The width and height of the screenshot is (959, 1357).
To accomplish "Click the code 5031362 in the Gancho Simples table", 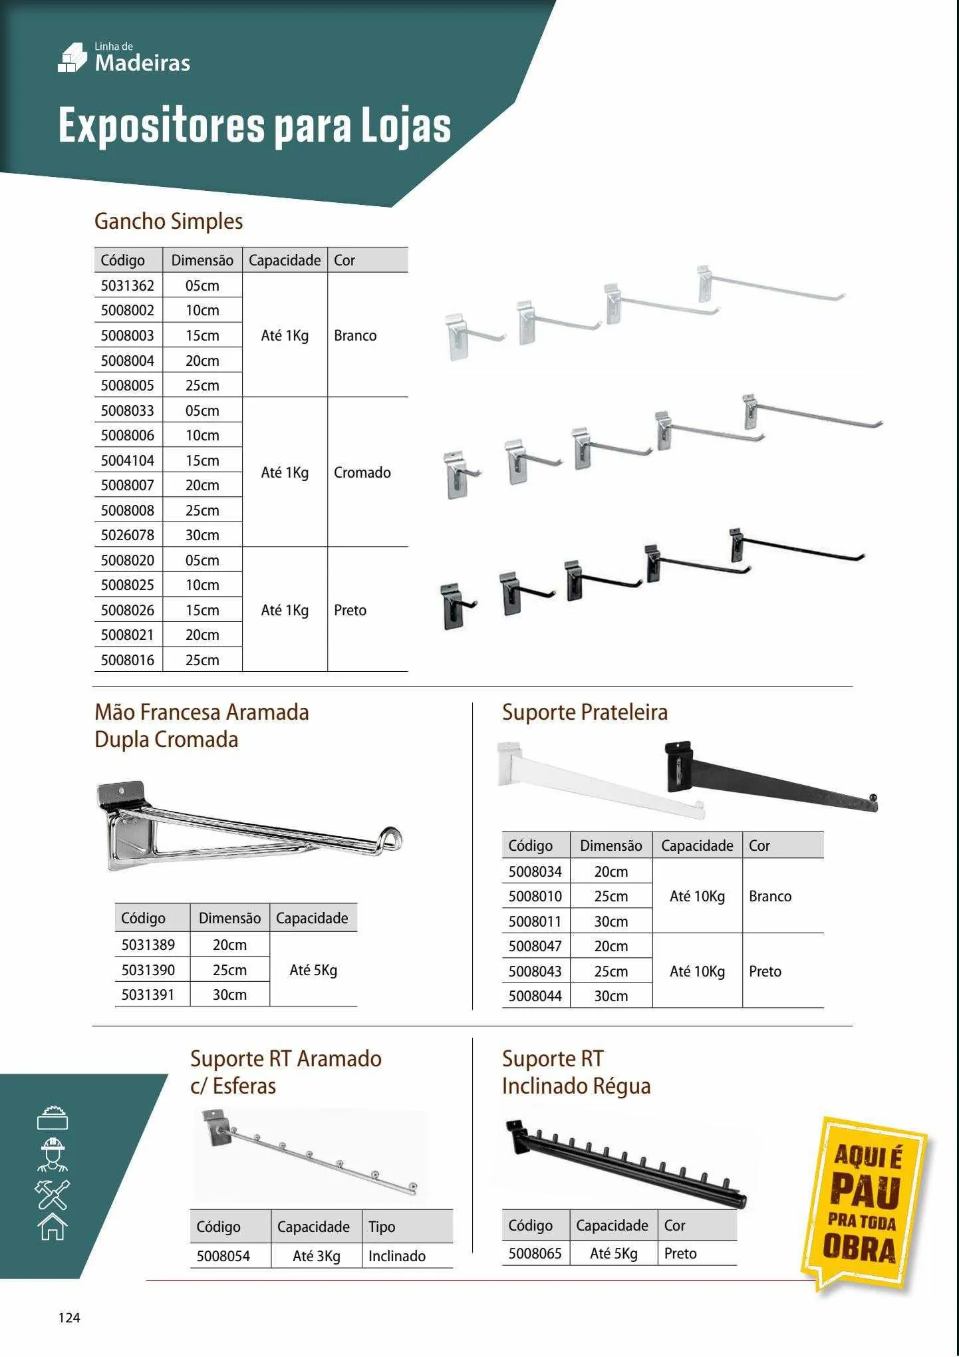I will point(127,286).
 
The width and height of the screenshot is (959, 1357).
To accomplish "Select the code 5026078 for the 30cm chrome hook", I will point(127,535).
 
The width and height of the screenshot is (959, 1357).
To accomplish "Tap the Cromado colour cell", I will point(362,473).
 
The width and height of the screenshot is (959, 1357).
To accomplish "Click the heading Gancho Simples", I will point(168,222).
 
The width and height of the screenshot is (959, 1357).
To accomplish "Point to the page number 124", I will point(69,1318).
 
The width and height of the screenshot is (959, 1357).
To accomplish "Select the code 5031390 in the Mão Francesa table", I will point(148,971).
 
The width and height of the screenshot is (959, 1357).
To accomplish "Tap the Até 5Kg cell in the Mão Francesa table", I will point(313,971).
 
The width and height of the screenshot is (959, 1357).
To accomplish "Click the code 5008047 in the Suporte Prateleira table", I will point(535,947).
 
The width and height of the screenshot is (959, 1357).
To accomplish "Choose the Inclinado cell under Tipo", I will point(397,1257).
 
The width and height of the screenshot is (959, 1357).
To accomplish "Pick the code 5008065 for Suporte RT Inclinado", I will point(535,1254).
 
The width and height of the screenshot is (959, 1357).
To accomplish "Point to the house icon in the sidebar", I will point(53,1226).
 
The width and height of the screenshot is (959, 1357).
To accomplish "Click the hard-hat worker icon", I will point(53,1155).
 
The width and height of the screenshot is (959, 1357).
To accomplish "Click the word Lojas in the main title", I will point(406,126).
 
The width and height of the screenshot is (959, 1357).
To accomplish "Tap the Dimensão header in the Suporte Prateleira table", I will point(611,846).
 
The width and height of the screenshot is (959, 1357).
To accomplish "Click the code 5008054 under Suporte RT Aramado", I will point(223,1257).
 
